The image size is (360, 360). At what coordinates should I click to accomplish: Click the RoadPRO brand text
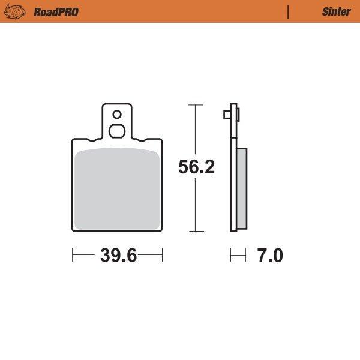[x=56, y=11]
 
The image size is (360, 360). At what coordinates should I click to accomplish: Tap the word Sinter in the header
[x=336, y=11]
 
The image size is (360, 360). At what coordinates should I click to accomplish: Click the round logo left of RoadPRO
[x=17, y=11]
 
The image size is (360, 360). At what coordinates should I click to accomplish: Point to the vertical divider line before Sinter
[x=289, y=11]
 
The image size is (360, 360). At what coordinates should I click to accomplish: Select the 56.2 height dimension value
[x=196, y=167]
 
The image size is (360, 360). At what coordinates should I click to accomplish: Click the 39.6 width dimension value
[x=118, y=256]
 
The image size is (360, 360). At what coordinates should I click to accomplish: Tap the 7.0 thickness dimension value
[x=269, y=256]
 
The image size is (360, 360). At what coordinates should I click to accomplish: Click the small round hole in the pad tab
[x=117, y=114]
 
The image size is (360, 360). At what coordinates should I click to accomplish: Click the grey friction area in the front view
[x=118, y=189]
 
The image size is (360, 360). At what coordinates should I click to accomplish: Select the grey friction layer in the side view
[x=242, y=188]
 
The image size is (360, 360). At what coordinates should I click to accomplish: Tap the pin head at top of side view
[x=232, y=114]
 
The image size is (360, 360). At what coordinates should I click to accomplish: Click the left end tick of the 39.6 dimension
[x=73, y=256]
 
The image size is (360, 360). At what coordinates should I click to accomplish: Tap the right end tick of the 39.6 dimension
[x=163, y=256]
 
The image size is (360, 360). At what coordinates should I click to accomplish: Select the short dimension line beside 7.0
[x=238, y=256]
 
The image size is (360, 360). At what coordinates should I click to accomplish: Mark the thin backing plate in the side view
[x=233, y=180]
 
